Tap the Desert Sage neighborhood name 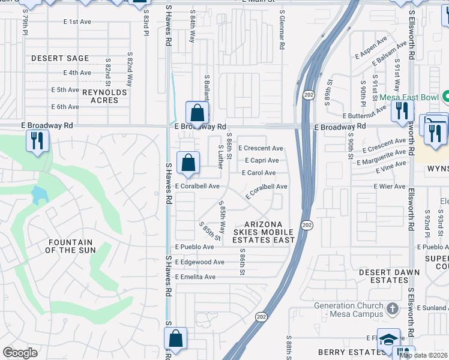(60, 58)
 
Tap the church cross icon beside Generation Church (392, 308)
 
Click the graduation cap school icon (388, 338)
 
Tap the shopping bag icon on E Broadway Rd (197, 112)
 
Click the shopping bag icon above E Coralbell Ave (188, 162)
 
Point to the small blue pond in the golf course (38, 194)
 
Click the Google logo (20, 353)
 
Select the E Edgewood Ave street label (199, 262)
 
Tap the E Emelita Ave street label (195, 277)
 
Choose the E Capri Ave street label (261, 160)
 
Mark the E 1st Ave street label (77, 22)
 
